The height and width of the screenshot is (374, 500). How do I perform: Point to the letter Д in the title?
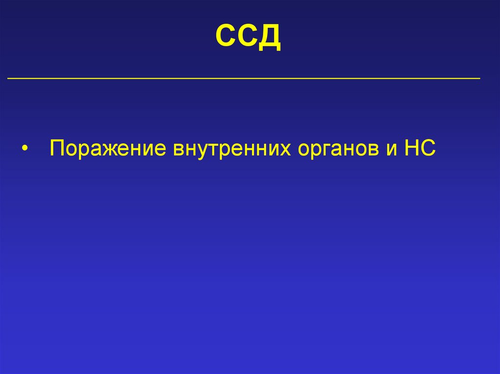point(270,39)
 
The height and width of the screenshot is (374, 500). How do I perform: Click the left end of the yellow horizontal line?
point(9,78)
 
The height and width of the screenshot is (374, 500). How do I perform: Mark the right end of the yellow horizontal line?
point(479,78)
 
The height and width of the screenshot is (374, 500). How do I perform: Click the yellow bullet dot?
point(24,149)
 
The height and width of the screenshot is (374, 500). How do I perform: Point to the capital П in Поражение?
point(56,148)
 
